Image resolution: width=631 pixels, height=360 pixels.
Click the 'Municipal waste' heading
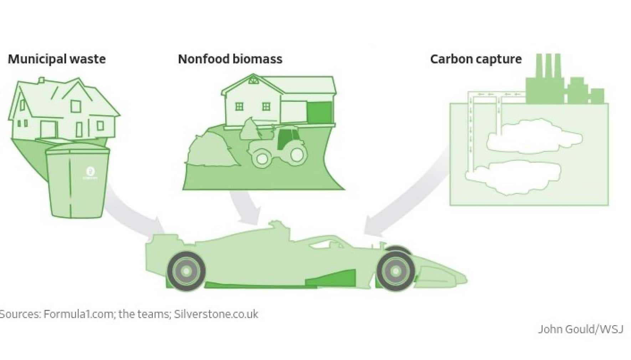57,59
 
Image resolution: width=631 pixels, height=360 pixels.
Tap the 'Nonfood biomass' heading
230,59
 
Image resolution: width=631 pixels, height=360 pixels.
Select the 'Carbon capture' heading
476,59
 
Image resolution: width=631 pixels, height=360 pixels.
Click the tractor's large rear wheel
296,154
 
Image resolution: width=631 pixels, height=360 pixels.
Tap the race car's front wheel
395,271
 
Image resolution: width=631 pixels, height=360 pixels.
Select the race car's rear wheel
186,271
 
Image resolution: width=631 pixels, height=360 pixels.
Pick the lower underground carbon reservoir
512,177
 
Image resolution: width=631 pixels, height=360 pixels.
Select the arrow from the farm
246,207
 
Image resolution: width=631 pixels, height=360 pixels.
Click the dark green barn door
319,112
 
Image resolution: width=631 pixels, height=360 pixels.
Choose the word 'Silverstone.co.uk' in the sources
216,314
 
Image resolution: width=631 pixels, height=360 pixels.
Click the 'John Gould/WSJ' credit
581,329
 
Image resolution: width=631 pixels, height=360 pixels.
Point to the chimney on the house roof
42,81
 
